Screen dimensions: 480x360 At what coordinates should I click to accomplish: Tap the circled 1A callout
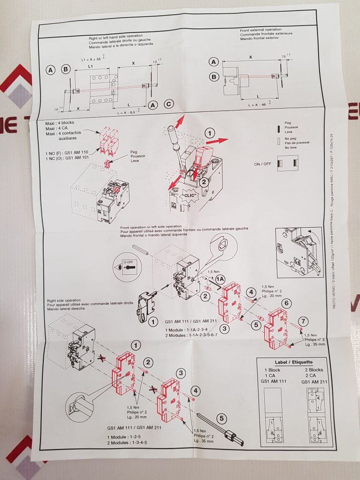click(x=220, y=279)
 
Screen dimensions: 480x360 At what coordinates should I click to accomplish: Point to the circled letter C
click(x=168, y=105)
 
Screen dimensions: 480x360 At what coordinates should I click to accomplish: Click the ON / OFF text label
click(x=264, y=164)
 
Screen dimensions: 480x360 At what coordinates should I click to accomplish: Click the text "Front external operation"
click(x=261, y=30)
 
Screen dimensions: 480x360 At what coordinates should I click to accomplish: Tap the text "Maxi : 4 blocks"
click(x=58, y=124)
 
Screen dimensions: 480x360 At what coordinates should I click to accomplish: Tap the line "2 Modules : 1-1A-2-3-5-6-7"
click(x=195, y=335)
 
